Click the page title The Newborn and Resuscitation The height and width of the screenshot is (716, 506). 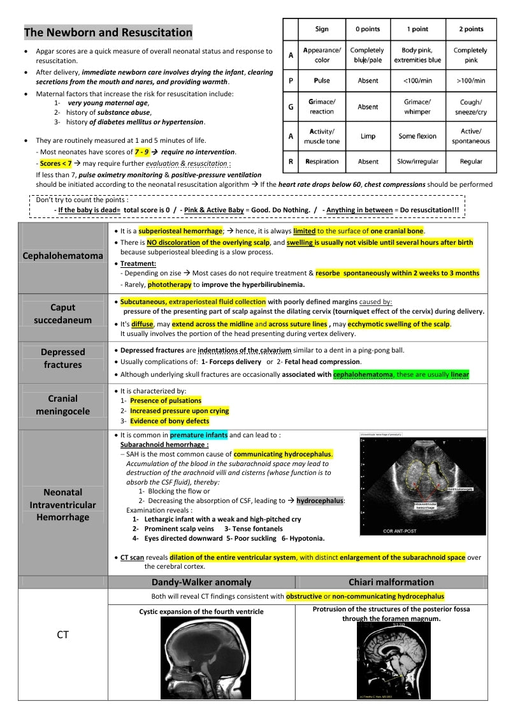coord(108,33)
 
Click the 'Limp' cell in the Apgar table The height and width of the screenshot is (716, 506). coord(368,136)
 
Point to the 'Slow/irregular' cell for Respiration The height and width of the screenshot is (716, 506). coord(417,162)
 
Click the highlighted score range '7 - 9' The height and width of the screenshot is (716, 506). coord(142,152)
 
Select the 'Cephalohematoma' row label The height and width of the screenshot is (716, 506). coord(62,256)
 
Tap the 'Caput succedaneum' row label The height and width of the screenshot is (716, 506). coord(62,314)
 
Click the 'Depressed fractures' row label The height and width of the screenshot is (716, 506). coord(62,358)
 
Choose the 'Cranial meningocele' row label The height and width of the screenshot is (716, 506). coord(62,405)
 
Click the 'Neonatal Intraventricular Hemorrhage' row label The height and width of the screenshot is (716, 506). coord(62,505)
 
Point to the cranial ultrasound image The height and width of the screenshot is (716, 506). coord(422,485)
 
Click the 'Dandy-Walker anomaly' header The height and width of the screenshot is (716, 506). coord(201,582)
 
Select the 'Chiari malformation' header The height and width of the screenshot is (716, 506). coord(391,582)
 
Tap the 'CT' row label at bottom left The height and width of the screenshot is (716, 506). coord(62,635)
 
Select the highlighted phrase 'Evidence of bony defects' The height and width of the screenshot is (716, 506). coord(169,421)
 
